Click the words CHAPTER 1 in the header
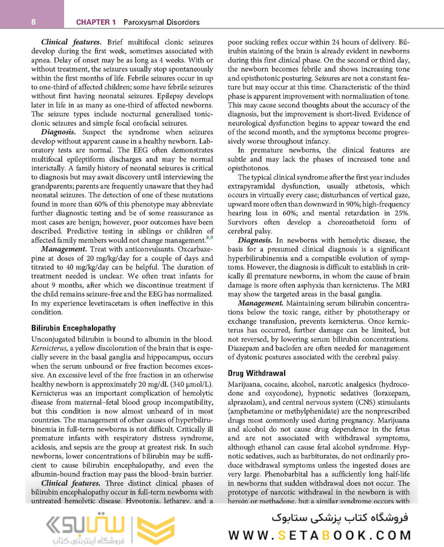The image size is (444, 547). click(96, 22)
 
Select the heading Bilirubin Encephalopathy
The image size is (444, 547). click(73, 328)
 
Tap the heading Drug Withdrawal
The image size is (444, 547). click(256, 373)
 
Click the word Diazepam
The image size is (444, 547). click(244, 348)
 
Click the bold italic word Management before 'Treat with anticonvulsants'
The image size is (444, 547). click(63, 250)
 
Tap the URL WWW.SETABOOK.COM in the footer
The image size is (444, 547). click(319, 535)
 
